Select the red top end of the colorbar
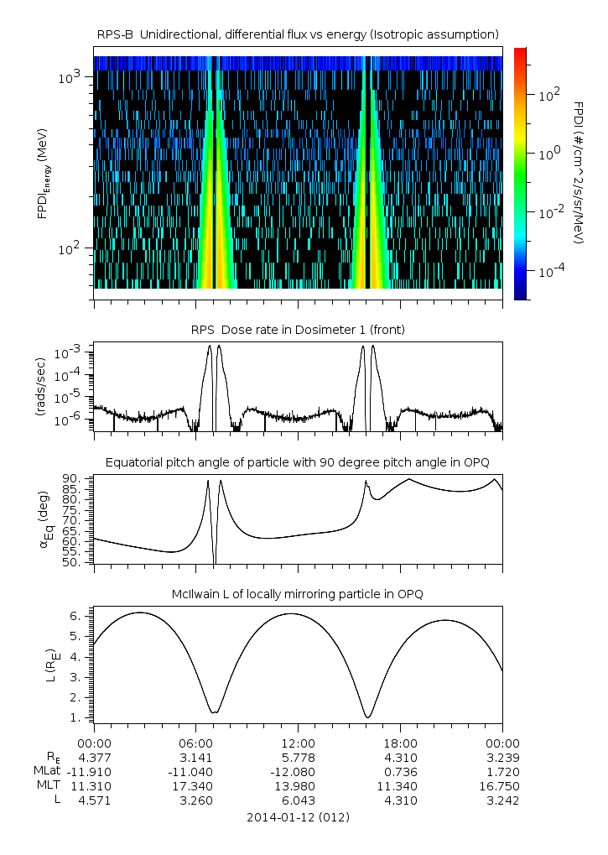(x=520, y=52)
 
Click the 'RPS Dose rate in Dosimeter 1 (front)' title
(x=298, y=330)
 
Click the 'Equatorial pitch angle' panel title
(x=298, y=462)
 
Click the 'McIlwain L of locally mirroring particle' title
(x=298, y=594)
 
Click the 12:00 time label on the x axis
(x=298, y=743)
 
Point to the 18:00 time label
(x=400, y=743)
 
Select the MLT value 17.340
(x=195, y=786)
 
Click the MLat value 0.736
(x=400, y=772)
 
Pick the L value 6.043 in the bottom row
(x=298, y=800)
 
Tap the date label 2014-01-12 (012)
(x=298, y=816)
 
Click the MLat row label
(x=45, y=772)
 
